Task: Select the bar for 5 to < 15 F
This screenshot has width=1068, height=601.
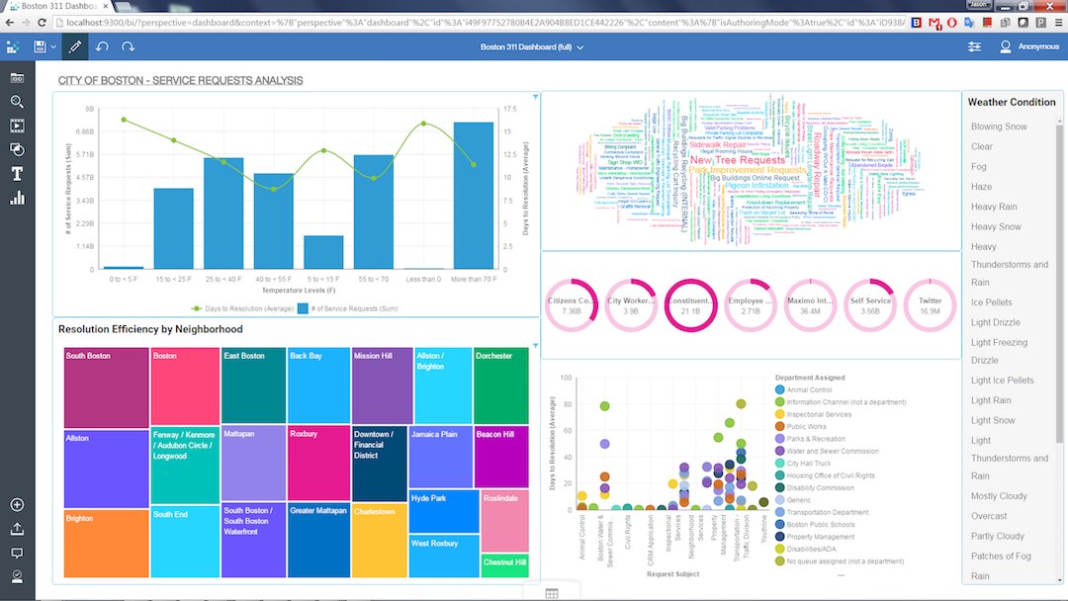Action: [x=323, y=252]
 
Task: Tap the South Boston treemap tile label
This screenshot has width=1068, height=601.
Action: [x=88, y=356]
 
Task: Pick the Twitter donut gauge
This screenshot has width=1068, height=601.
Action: [x=930, y=304]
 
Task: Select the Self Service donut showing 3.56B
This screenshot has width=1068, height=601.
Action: [x=870, y=304]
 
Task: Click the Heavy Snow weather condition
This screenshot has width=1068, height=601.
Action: [x=996, y=226]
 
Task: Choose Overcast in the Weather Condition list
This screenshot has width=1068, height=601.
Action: [x=989, y=516]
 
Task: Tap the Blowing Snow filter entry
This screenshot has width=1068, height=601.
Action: [x=999, y=127]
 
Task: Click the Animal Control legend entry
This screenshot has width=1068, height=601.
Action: [x=808, y=389]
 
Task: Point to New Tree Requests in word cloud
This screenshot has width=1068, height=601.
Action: [x=737, y=159]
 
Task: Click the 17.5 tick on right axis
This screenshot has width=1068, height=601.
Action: [x=508, y=110]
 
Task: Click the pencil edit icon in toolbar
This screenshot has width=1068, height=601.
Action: [x=75, y=46]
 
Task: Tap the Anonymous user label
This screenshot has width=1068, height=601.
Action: [x=1037, y=46]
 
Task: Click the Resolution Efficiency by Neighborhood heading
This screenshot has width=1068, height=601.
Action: [x=150, y=329]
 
